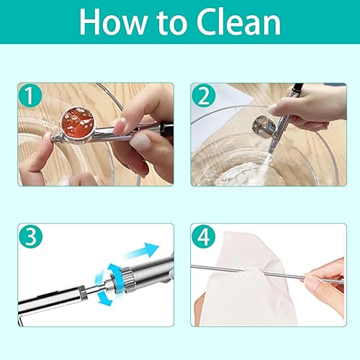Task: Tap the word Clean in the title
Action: click(x=238, y=22)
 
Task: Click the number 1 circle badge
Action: click(x=30, y=96)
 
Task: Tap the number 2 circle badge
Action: click(x=204, y=96)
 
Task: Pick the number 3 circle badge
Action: click(x=30, y=237)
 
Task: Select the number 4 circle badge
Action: click(x=204, y=237)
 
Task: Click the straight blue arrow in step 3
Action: click(x=142, y=251)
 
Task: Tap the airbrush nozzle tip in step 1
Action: click(x=53, y=138)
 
